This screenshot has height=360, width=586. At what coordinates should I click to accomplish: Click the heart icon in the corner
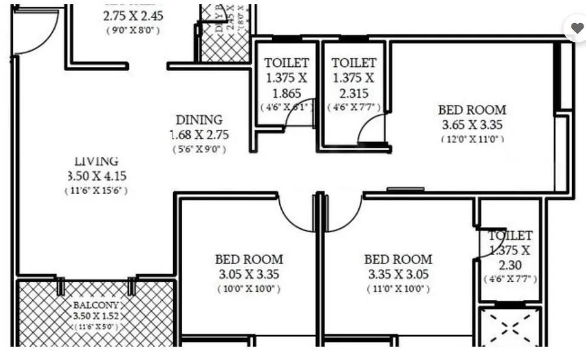click(576, 28)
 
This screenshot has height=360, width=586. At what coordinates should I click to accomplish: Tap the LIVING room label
click(96, 161)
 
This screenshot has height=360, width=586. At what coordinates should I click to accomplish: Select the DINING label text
click(199, 120)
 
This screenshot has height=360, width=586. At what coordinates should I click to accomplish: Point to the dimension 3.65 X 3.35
click(472, 126)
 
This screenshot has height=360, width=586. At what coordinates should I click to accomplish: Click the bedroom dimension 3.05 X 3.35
click(249, 274)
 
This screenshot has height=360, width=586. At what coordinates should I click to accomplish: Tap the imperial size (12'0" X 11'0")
click(472, 139)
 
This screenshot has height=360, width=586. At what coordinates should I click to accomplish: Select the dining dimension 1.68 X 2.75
click(199, 135)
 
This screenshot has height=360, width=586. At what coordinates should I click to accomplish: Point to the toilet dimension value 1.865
click(287, 93)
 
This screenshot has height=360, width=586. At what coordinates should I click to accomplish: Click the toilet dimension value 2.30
click(510, 265)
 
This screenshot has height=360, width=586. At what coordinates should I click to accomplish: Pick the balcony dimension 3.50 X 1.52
click(97, 316)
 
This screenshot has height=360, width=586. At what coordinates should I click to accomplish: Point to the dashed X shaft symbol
click(509, 328)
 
